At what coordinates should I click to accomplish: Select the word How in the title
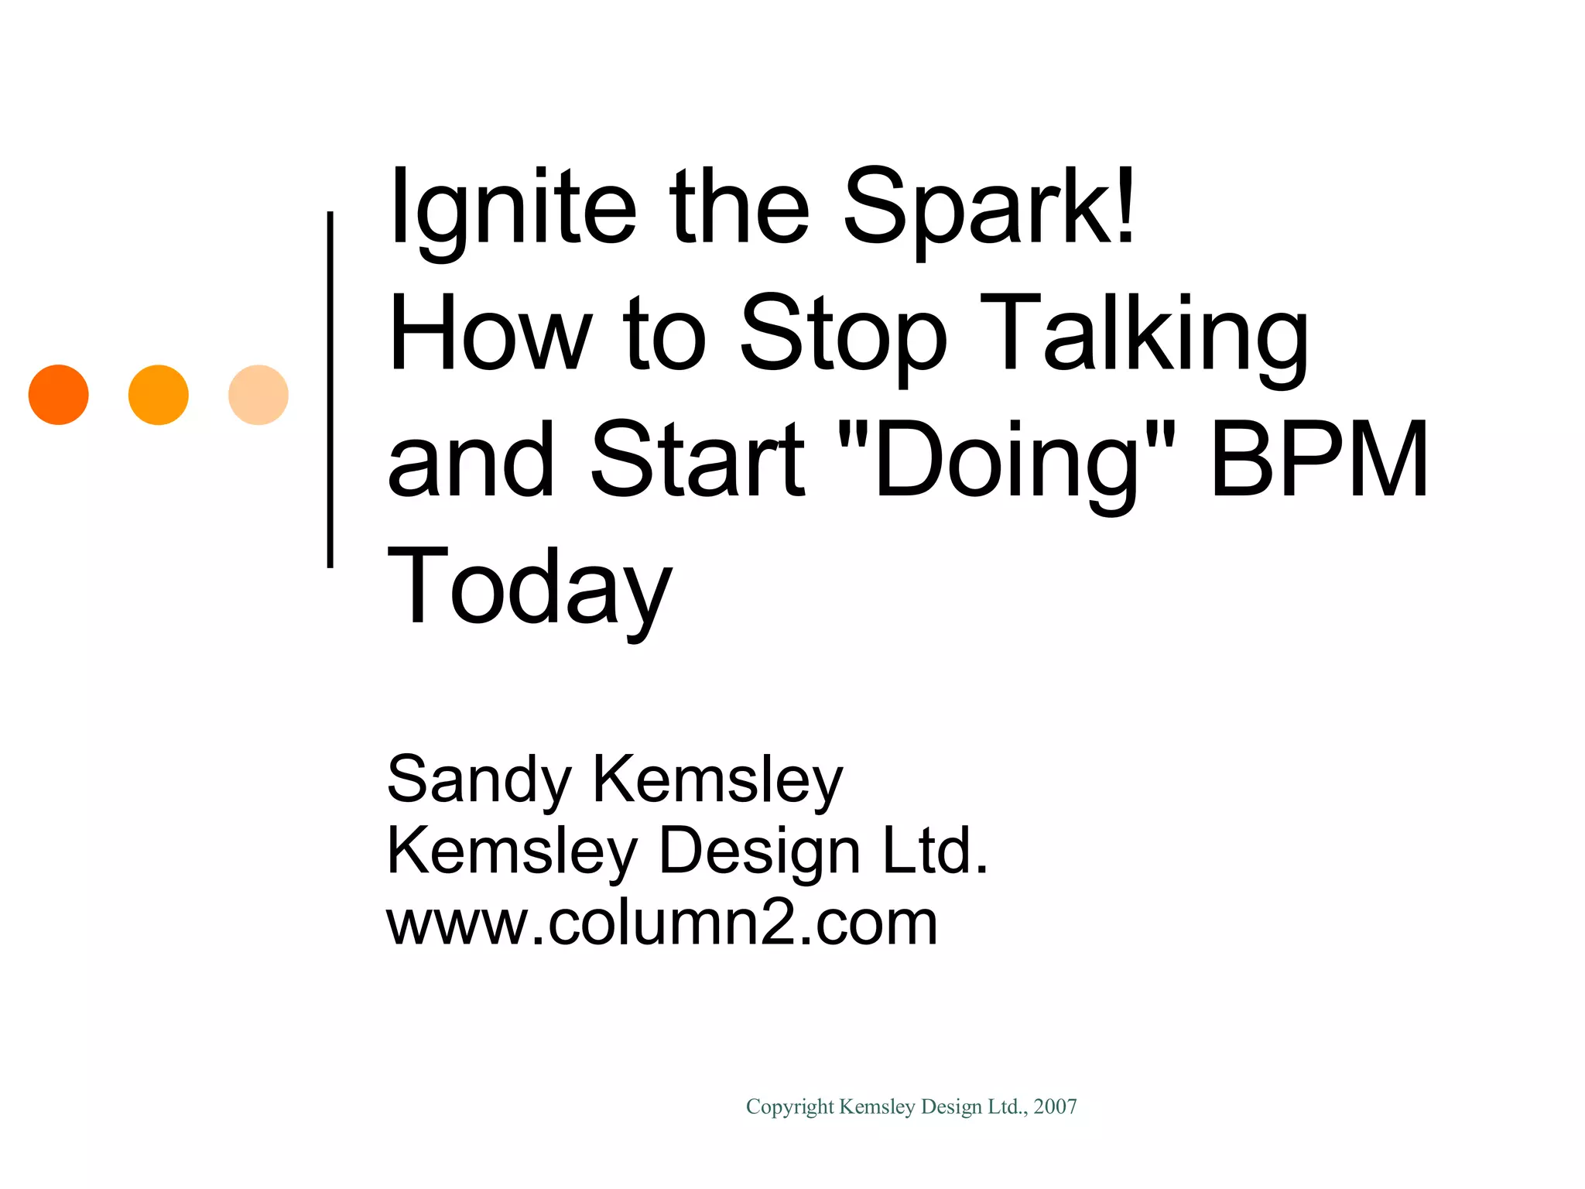(490, 334)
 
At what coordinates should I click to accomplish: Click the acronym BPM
(1319, 460)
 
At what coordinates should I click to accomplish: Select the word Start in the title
(697, 460)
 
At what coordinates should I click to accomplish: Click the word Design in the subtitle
(759, 851)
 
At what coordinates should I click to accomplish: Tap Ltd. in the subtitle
(936, 851)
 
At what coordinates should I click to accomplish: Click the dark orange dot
(59, 395)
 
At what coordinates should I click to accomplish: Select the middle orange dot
(159, 395)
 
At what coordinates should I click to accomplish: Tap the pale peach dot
(258, 395)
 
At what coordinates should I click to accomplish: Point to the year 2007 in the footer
(1056, 1107)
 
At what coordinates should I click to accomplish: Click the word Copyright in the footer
(789, 1107)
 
